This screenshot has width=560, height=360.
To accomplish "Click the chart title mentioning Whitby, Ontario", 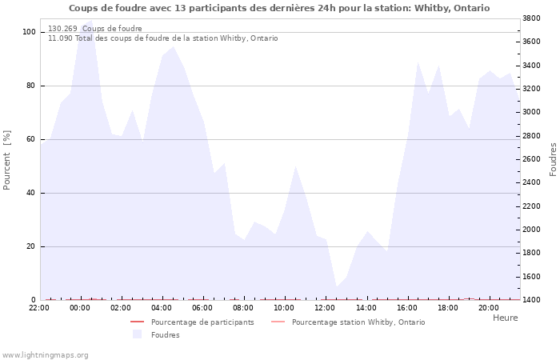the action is click(279, 8).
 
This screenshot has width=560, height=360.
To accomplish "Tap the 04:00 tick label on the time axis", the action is click(162, 308).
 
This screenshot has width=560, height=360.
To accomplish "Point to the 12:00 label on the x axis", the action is click(325, 308).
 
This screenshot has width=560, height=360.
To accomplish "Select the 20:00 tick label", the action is click(489, 308).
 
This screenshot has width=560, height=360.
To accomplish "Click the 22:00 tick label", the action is click(39, 308).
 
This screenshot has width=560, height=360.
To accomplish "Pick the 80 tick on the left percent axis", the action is click(30, 86).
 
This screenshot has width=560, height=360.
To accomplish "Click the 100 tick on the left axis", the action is click(29, 32).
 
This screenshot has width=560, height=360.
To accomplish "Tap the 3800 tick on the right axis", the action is click(531, 18).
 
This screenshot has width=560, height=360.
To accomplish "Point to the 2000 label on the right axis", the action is click(531, 230).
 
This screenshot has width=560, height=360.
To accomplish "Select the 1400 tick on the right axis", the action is click(531, 300).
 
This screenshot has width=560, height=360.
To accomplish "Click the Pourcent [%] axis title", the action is click(6, 160).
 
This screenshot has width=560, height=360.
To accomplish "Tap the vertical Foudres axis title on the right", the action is click(553, 160).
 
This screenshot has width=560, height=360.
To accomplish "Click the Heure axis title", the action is click(505, 318).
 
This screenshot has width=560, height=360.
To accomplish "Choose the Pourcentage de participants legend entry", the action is click(193, 322).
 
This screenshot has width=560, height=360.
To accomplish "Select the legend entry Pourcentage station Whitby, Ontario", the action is click(348, 322).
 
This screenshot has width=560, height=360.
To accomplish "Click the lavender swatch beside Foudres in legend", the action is click(137, 334).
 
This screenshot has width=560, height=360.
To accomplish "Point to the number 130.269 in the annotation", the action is click(62, 29).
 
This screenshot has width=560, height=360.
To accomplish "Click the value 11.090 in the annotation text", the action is click(60, 38).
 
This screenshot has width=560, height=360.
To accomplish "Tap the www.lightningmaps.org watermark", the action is click(44, 355).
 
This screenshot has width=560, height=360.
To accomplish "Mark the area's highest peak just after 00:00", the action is click(92, 20).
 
